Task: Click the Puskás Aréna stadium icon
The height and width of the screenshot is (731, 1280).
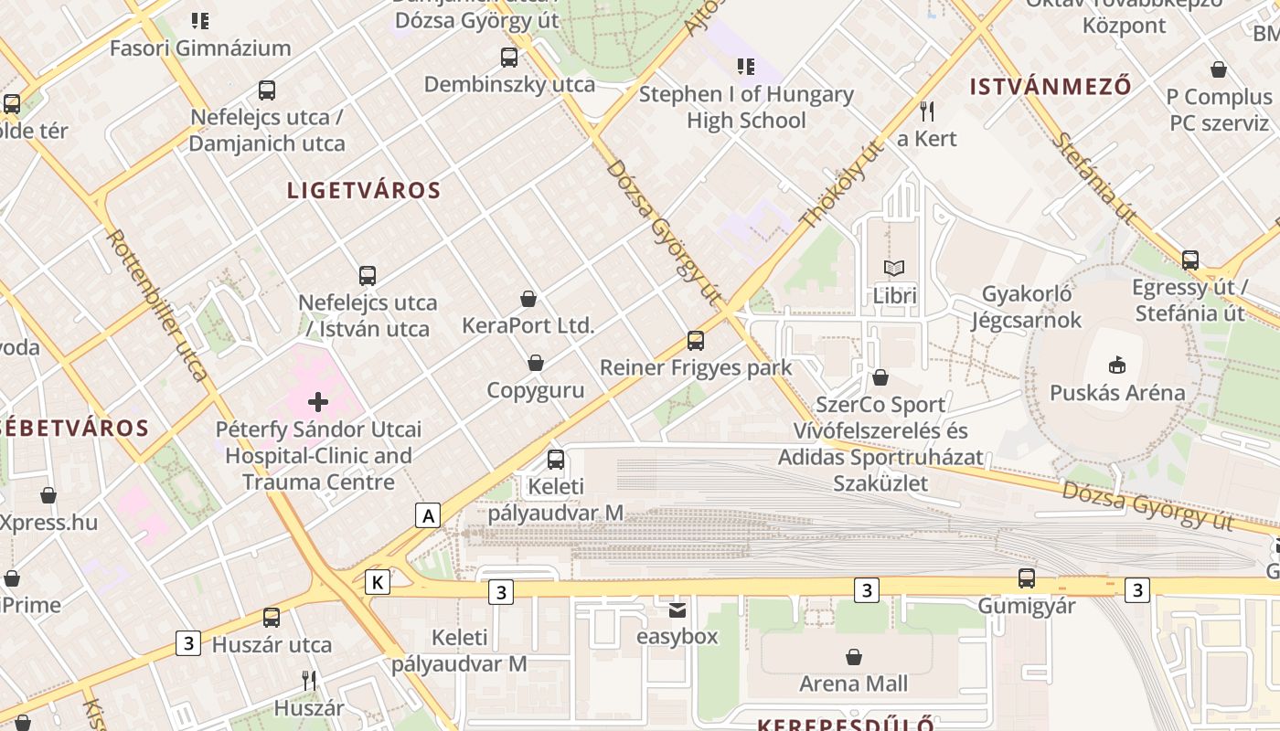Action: pos(1115,365)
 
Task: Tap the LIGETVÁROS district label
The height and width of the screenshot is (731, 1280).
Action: pos(364,191)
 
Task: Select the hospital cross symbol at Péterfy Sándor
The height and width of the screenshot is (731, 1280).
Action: pos(318,401)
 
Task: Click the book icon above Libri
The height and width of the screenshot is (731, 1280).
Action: pos(894,268)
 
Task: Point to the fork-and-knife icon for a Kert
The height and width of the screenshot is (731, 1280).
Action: pos(927,111)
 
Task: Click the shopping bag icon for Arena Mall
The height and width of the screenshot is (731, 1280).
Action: pos(854,656)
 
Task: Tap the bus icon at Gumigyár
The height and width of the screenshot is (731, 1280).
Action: pos(1027,578)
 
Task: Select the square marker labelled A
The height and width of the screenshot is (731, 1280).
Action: pos(427,515)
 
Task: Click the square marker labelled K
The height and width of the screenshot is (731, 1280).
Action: pos(377,582)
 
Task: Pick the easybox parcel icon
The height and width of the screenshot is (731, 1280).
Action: pos(677,609)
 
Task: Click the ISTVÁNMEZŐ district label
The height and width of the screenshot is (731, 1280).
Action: pos(1051,88)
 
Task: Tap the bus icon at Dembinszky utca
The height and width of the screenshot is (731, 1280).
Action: pos(509,58)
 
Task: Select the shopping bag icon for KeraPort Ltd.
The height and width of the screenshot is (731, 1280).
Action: pos(528,298)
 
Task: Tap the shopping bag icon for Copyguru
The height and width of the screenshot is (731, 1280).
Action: pos(536,364)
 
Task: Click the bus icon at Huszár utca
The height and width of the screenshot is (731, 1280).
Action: pos(272,618)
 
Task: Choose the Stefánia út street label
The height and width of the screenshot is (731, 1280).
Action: pos(1093,179)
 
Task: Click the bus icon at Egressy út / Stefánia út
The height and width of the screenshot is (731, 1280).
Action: pos(1189,260)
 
